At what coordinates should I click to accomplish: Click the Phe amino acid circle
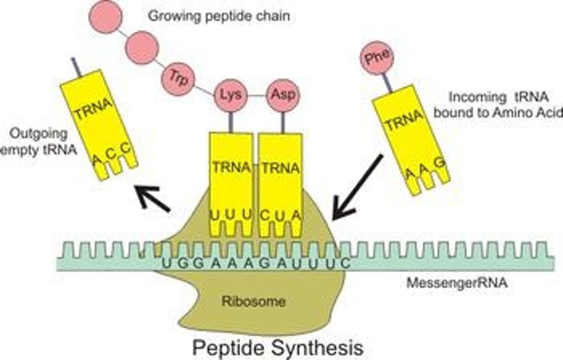click(377, 57)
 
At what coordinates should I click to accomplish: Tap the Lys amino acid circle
click(231, 95)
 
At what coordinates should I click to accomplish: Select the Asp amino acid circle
click(283, 95)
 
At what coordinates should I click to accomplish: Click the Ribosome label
click(253, 301)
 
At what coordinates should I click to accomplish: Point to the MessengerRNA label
click(457, 282)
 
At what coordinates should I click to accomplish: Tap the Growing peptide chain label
click(219, 16)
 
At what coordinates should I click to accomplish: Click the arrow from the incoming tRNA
click(357, 187)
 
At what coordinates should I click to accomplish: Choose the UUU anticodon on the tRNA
click(231, 215)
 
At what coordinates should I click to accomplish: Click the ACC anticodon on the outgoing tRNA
click(111, 153)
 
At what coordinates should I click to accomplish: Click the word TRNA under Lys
click(231, 167)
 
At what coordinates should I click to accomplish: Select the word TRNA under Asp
click(281, 168)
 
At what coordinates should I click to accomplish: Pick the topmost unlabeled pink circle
click(106, 16)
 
